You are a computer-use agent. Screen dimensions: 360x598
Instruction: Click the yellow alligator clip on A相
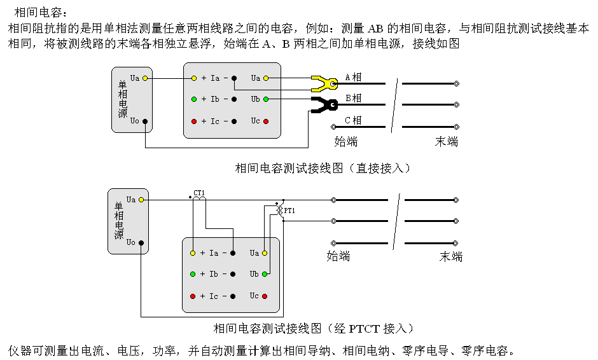click(324, 83)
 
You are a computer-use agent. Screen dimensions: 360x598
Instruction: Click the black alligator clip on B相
click(324, 104)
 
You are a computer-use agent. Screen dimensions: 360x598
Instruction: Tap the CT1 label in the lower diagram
click(200, 193)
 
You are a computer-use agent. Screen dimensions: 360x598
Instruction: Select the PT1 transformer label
click(289, 210)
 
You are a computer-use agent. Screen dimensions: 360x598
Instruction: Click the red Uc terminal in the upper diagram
click(266, 121)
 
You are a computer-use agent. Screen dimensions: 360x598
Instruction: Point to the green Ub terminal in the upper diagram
click(266, 99)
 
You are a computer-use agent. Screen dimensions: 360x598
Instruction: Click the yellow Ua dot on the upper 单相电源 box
click(145, 78)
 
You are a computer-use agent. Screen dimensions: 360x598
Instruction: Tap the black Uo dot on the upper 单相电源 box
click(145, 121)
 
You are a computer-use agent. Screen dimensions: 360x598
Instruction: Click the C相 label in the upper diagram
click(353, 120)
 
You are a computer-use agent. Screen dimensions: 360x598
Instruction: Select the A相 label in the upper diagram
click(353, 77)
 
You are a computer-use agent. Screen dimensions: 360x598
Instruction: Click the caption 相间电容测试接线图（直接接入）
click(323, 168)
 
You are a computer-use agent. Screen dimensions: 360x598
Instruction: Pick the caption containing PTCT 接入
click(314, 328)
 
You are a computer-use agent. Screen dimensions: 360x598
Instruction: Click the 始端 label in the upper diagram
click(346, 141)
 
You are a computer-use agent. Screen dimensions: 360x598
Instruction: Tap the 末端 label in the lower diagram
click(450, 256)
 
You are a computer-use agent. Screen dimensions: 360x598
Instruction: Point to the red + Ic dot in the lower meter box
click(193, 296)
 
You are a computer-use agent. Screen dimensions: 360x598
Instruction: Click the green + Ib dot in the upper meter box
click(194, 99)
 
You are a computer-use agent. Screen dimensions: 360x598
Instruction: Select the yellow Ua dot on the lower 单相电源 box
click(141, 200)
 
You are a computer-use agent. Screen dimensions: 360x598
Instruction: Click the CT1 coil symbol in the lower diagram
click(200, 200)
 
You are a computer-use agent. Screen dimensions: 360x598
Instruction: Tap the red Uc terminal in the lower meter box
click(265, 296)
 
